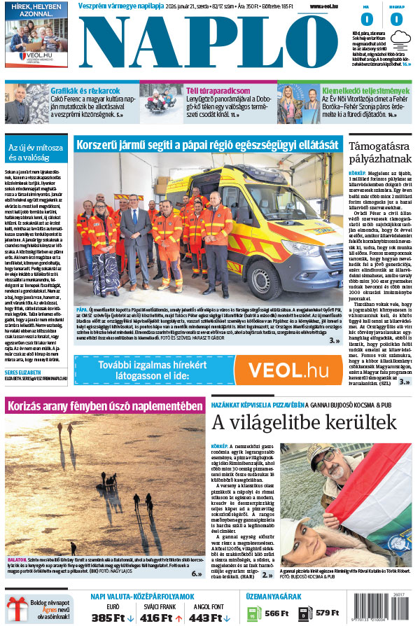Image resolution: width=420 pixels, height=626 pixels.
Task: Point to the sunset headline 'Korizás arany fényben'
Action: click(104, 406)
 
